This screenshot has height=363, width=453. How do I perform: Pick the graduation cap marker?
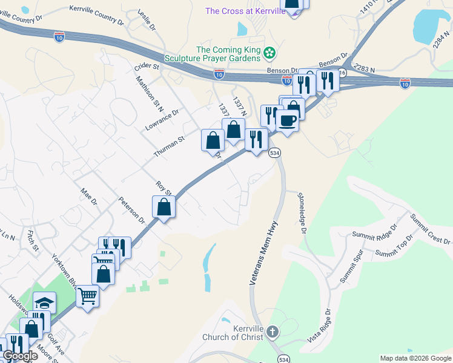tap(44, 302)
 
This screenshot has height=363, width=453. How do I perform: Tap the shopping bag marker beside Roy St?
tap(164, 207)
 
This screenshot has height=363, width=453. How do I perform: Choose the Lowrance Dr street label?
tap(163, 120)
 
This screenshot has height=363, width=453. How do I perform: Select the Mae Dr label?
tap(89, 196)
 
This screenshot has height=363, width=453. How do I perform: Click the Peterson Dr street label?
tap(132, 210)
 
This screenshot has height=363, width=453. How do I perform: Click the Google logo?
tap(19, 356)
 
